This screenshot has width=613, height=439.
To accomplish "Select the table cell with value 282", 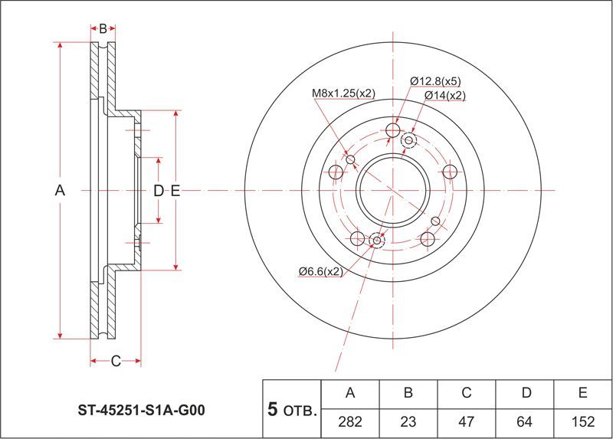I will click(351, 421).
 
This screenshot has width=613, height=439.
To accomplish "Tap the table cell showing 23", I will click(408, 421).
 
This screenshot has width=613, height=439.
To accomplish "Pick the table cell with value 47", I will click(466, 421).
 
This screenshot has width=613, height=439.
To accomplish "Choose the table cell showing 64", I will click(526, 421).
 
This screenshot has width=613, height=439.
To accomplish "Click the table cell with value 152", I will click(582, 421).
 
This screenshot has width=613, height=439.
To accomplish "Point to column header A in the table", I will click(351, 393).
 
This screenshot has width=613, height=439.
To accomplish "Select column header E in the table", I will click(582, 393).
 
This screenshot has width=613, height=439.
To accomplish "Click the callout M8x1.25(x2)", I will click(343, 93).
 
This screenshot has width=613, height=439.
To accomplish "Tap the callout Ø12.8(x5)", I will click(435, 81).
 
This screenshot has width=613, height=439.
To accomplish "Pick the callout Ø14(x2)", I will click(444, 95).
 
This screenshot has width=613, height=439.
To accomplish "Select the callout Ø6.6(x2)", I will click(320, 271).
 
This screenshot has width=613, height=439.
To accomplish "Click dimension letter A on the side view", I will click(61, 190).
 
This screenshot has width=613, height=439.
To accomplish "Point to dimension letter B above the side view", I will click(103, 29).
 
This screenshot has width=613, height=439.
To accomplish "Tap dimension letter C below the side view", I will click(115, 362).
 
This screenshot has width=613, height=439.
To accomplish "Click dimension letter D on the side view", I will click(158, 190).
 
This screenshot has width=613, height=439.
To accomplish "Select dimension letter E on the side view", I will click(175, 190).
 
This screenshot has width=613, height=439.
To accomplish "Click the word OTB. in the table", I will click(300, 411).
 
